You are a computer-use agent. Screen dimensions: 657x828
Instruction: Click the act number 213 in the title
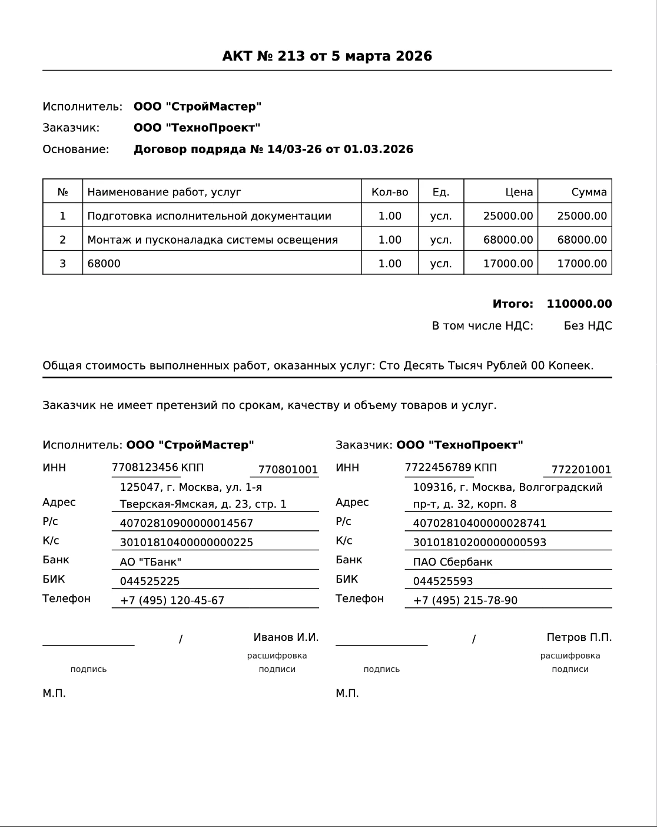291,56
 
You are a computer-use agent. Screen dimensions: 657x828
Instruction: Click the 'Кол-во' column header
390,192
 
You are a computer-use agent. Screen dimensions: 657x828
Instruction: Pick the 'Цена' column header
519,192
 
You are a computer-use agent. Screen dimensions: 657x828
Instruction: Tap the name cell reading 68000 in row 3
104,264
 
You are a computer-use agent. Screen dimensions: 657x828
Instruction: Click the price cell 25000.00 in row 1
507,216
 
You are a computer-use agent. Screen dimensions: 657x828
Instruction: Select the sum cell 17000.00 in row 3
582,264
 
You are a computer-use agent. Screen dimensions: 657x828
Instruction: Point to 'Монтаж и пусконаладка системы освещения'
213,240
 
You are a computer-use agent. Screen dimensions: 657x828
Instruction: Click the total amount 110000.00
579,304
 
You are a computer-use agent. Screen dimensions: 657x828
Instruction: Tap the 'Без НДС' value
588,326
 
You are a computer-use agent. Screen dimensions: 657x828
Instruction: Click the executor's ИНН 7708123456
145,468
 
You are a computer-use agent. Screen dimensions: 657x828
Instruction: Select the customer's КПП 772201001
581,470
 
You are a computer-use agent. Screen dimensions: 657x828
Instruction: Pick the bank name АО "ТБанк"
151,562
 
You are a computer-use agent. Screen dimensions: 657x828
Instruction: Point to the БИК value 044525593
443,581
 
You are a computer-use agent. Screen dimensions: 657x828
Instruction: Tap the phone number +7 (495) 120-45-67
172,601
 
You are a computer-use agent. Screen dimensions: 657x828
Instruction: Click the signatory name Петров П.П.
579,637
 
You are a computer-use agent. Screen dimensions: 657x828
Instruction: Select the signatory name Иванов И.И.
286,637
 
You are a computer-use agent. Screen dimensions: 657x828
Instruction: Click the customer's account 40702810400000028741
479,524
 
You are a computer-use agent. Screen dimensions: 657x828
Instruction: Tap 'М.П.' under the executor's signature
54,693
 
